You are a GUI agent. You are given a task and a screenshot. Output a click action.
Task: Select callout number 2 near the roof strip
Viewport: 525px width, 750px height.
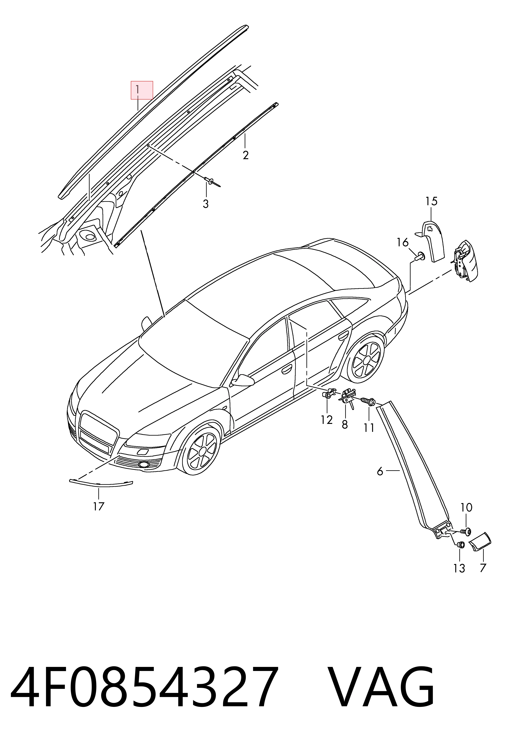(x=245, y=155)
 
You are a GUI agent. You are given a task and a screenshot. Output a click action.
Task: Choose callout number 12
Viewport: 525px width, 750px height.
(x=327, y=420)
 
